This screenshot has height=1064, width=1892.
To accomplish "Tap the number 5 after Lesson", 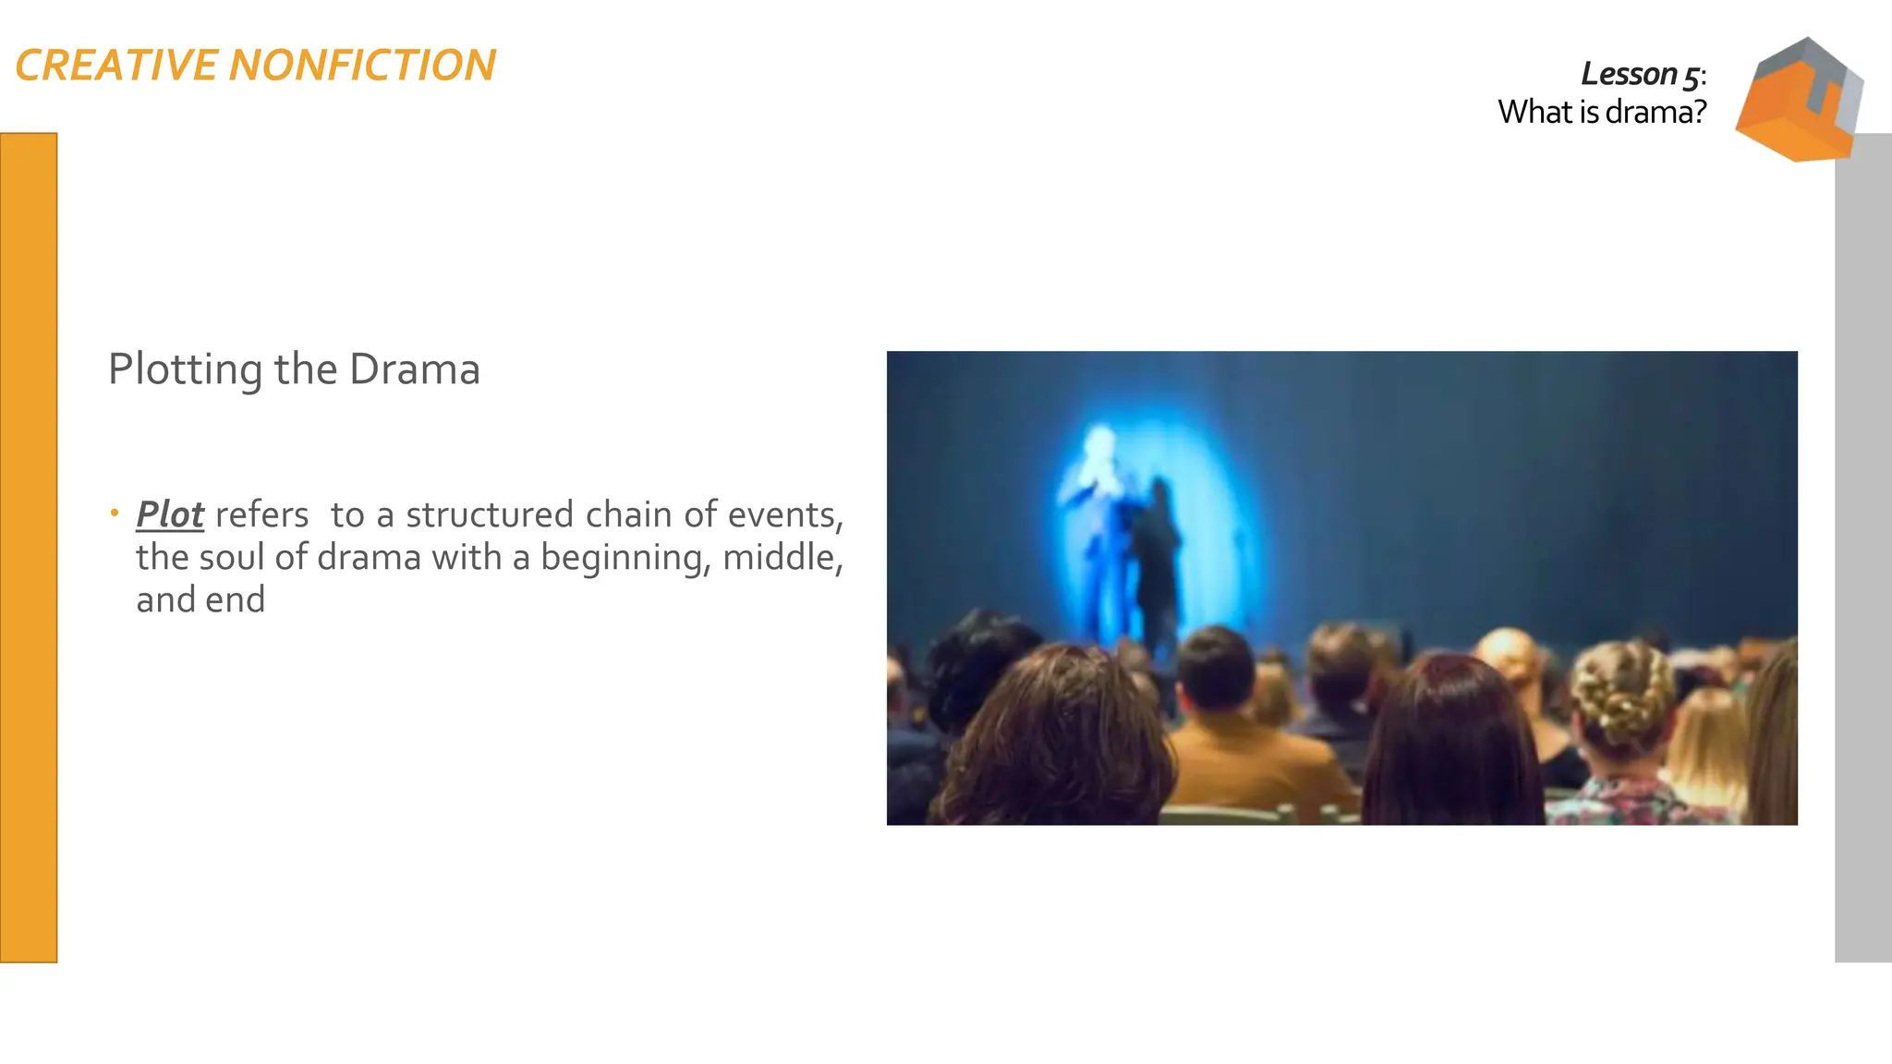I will [x=1690, y=76].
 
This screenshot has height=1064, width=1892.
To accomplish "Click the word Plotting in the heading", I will [x=185, y=370].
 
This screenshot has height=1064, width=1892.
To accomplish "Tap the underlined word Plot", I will [x=170, y=514].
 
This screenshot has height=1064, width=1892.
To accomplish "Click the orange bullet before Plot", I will [x=115, y=513].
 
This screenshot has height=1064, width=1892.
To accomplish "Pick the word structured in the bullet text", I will [x=490, y=515].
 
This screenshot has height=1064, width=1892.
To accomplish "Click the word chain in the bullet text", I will [x=628, y=514].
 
